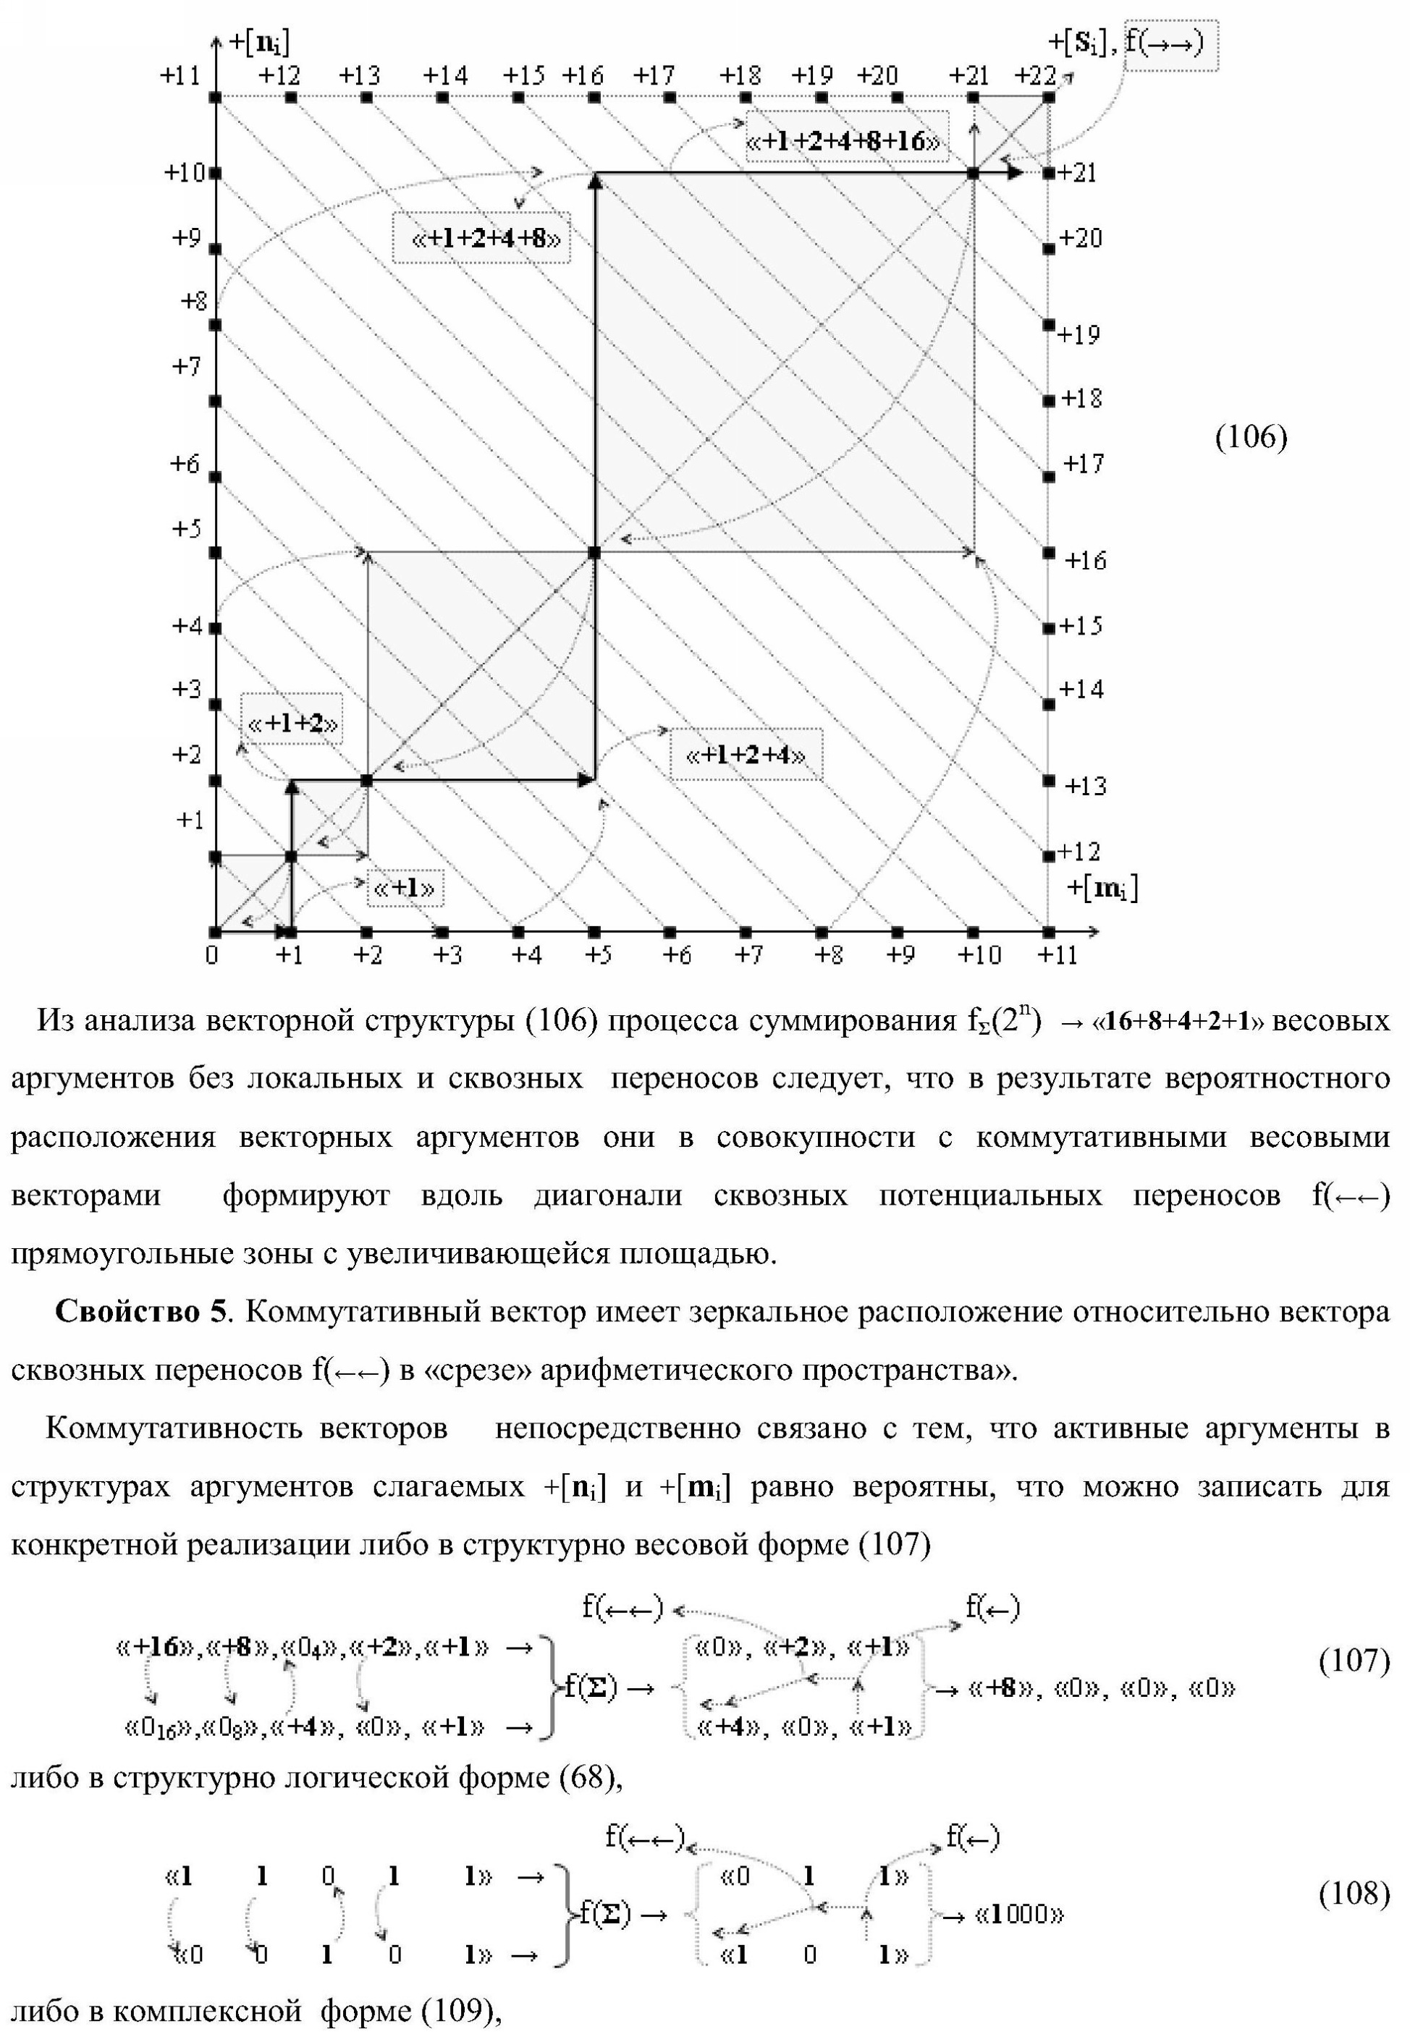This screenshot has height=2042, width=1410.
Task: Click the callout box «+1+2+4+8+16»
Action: pyautogui.click(x=845, y=140)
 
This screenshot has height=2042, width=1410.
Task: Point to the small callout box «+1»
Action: pyautogui.click(x=405, y=888)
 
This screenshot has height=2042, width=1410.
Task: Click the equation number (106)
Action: pyautogui.click(x=1251, y=436)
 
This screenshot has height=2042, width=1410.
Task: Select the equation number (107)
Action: pyautogui.click(x=1354, y=1661)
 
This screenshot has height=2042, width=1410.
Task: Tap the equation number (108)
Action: pyautogui.click(x=1354, y=1893)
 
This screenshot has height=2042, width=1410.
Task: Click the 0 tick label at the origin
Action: pyautogui.click(x=212, y=954)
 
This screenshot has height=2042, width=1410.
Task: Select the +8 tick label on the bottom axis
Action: pyautogui.click(x=828, y=954)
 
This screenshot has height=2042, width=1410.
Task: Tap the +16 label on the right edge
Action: pyautogui.click(x=1085, y=560)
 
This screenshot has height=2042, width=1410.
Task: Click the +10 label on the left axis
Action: pyautogui.click(x=185, y=171)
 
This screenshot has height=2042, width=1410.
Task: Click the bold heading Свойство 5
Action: pyautogui.click(x=140, y=1312)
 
